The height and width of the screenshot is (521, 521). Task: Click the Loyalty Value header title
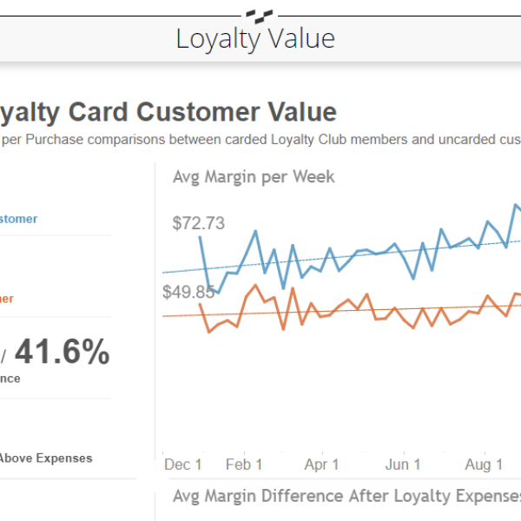(x=255, y=39)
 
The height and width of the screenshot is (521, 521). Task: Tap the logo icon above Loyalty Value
(x=259, y=14)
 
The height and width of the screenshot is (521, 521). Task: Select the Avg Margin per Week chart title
(x=254, y=177)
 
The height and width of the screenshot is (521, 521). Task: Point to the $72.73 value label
(x=198, y=223)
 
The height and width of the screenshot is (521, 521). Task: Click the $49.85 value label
(x=188, y=292)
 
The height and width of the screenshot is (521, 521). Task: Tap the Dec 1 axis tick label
(x=182, y=465)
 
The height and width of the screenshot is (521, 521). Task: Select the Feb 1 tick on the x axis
(x=243, y=465)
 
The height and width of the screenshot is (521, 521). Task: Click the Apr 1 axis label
(x=322, y=465)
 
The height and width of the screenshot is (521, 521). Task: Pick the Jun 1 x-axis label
(x=402, y=465)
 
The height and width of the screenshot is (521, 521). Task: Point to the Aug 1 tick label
(x=484, y=465)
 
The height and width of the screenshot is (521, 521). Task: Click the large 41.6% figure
(x=62, y=353)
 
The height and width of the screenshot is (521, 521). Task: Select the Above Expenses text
(x=45, y=458)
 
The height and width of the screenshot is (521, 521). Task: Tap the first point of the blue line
(x=201, y=236)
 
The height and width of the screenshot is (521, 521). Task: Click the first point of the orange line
(x=201, y=303)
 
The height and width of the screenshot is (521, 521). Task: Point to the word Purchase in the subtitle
(x=55, y=140)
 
